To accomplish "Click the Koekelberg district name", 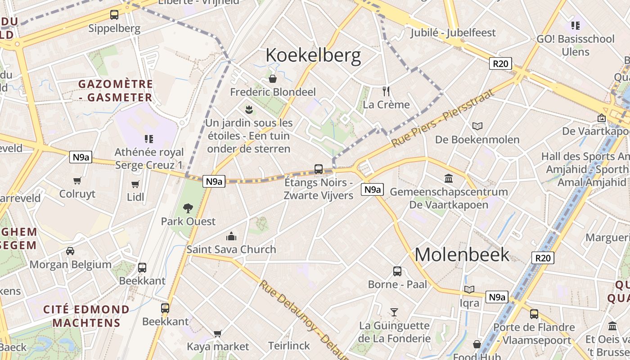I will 313,55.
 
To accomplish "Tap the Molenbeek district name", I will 462,255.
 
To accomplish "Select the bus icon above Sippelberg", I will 114,15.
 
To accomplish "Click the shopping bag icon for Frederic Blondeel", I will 273,79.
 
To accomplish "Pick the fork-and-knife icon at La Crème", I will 386,91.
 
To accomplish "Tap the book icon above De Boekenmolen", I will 477,126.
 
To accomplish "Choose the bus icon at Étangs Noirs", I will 319,169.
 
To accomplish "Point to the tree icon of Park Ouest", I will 188,208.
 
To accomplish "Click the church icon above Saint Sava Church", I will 231,236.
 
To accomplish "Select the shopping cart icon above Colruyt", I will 77,180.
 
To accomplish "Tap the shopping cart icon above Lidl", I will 135,184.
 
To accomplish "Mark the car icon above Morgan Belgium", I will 70,251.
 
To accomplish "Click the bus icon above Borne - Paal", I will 397,271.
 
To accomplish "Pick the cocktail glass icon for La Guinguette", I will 394,312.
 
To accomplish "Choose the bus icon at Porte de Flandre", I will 534,314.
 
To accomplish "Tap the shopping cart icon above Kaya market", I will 218,333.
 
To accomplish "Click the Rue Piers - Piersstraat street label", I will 443,118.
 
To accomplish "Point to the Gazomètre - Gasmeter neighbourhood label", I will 116,90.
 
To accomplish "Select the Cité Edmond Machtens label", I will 86,316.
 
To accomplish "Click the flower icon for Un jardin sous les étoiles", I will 248,109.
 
